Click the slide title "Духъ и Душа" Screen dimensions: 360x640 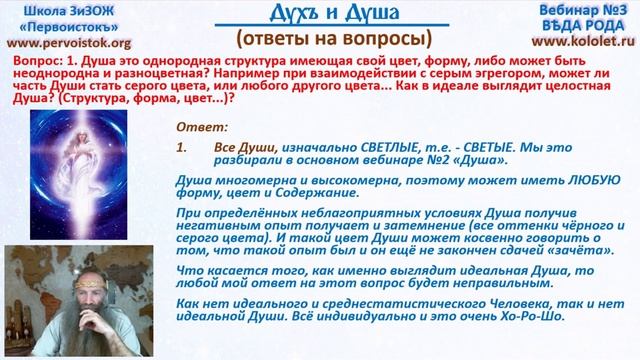320,15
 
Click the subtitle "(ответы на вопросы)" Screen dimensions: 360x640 321,39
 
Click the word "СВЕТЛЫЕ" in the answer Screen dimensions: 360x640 359,146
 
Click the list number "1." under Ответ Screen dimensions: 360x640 182,146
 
